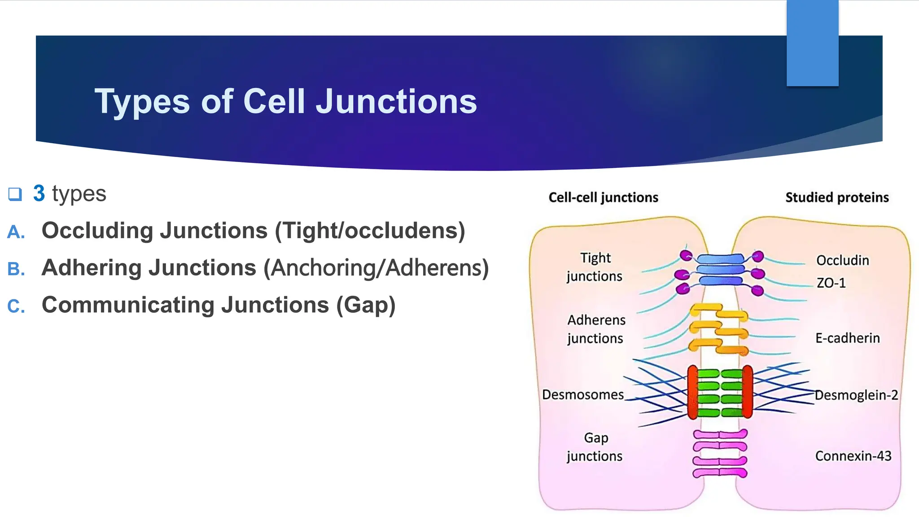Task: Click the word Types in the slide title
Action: [142, 102]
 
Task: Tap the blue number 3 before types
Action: [39, 193]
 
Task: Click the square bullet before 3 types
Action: [15, 194]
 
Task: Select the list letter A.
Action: [16, 232]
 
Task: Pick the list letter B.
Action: [16, 269]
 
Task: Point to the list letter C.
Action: [16, 307]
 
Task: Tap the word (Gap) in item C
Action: [366, 305]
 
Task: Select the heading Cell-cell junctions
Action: [603, 197]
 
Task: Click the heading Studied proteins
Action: [837, 197]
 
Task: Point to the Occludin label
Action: [842, 260]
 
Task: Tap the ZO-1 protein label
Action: [831, 283]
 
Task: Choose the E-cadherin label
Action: [847, 338]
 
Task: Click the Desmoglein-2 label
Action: [856, 395]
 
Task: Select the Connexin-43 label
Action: [853, 456]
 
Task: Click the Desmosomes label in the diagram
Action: [582, 394]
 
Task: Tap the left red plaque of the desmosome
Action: [693, 392]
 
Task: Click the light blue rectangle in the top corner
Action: [812, 43]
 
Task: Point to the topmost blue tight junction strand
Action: [721, 259]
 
